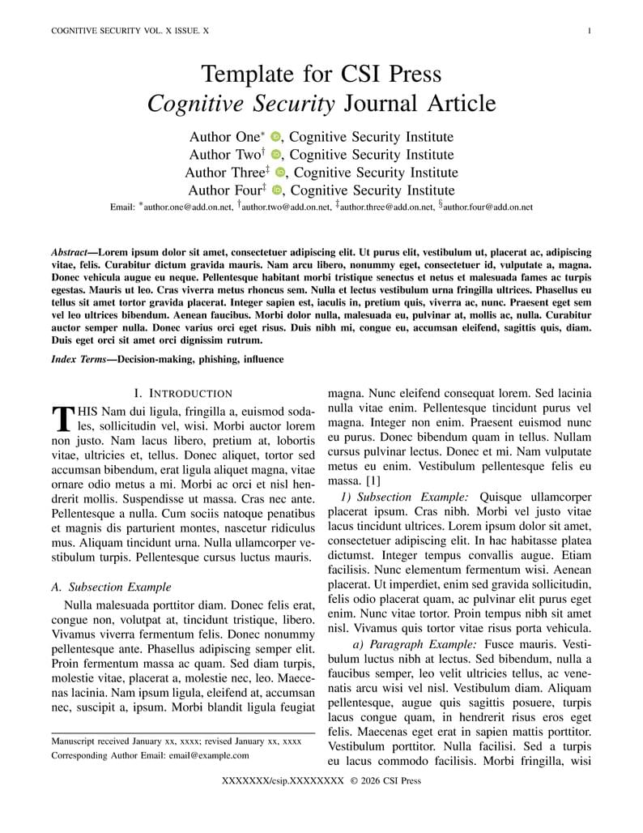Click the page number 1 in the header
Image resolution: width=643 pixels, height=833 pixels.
pyautogui.click(x=589, y=31)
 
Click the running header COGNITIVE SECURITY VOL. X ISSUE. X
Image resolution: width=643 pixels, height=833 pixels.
pyautogui.click(x=130, y=31)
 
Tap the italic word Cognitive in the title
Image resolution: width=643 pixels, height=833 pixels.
pyautogui.click(x=194, y=104)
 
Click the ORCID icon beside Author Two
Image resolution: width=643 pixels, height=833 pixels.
pyautogui.click(x=275, y=155)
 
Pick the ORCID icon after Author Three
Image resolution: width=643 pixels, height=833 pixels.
pyautogui.click(x=280, y=173)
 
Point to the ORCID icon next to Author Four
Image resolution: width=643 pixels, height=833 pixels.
pyautogui.click(x=276, y=190)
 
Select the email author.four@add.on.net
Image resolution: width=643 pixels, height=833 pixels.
pyautogui.click(x=488, y=207)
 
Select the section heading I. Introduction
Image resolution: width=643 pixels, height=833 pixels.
pyautogui.click(x=183, y=393)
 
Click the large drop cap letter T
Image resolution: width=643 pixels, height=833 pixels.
pyautogui.click(x=62, y=418)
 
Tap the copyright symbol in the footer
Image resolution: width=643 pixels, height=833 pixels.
pyautogui.click(x=354, y=781)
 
